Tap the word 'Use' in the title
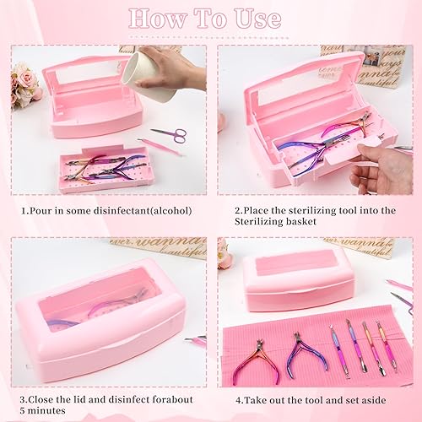[x=258, y=19]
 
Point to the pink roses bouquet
[x=24, y=84]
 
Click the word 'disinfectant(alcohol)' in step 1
[x=138, y=210]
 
